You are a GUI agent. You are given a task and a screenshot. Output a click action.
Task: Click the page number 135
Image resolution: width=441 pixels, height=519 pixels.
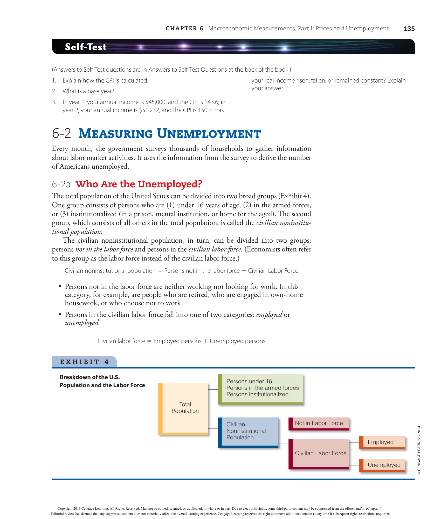click(409, 29)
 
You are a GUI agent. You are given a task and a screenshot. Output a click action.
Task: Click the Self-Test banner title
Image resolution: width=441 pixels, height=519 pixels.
click(86, 47)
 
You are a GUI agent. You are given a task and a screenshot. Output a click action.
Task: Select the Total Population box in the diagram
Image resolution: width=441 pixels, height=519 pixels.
click(185, 408)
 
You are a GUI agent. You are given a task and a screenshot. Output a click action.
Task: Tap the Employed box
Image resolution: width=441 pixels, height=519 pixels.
click(382, 442)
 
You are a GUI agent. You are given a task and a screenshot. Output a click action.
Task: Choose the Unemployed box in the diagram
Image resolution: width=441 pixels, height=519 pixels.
click(383, 465)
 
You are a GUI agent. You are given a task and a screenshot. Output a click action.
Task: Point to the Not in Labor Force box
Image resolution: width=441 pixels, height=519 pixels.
click(319, 424)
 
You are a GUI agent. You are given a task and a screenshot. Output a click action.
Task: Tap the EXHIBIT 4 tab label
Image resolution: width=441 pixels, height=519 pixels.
click(84, 362)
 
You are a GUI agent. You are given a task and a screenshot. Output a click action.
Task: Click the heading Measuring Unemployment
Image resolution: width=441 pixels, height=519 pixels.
click(169, 134)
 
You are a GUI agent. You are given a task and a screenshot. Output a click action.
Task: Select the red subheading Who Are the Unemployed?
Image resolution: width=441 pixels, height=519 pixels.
click(139, 184)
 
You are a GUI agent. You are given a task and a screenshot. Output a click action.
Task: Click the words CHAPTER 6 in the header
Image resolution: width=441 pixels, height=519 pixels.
click(184, 29)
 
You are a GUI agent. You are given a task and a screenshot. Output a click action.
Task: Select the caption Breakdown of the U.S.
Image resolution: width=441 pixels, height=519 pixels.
click(90, 377)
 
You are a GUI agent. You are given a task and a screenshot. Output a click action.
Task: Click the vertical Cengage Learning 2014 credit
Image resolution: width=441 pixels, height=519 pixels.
click(419, 450)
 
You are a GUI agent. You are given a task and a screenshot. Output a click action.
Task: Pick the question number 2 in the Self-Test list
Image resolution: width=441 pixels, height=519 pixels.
click(54, 91)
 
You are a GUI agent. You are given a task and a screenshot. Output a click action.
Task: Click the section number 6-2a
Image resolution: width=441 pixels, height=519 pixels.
click(61, 185)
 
